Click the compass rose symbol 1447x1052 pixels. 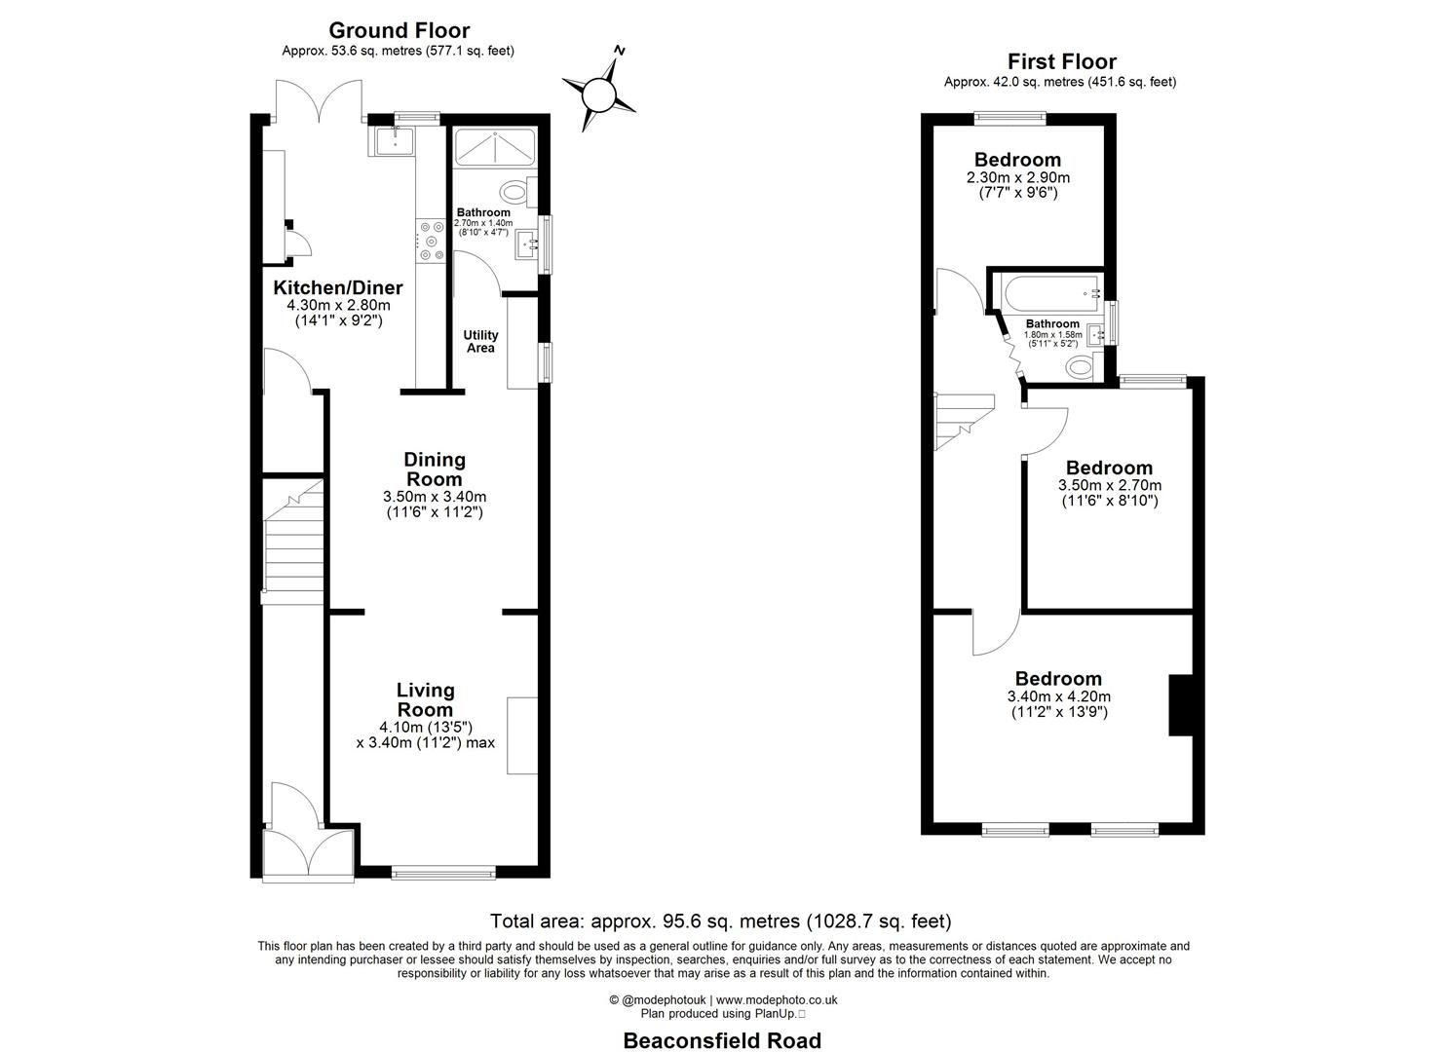coord(598,94)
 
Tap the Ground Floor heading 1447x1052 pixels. coord(399,31)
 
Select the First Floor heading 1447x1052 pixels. coord(1061,62)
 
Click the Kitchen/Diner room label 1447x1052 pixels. coord(337,288)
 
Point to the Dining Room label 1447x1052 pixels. coord(435,469)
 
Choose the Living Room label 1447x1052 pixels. coord(425,699)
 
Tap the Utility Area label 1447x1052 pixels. coord(480,341)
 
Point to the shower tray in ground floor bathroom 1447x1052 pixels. coord(495,145)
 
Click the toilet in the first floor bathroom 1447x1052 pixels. coord(1080,366)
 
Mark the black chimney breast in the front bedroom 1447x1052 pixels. coord(1181,704)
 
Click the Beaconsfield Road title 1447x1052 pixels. coord(722,1040)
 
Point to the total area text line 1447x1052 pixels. coord(720,920)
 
